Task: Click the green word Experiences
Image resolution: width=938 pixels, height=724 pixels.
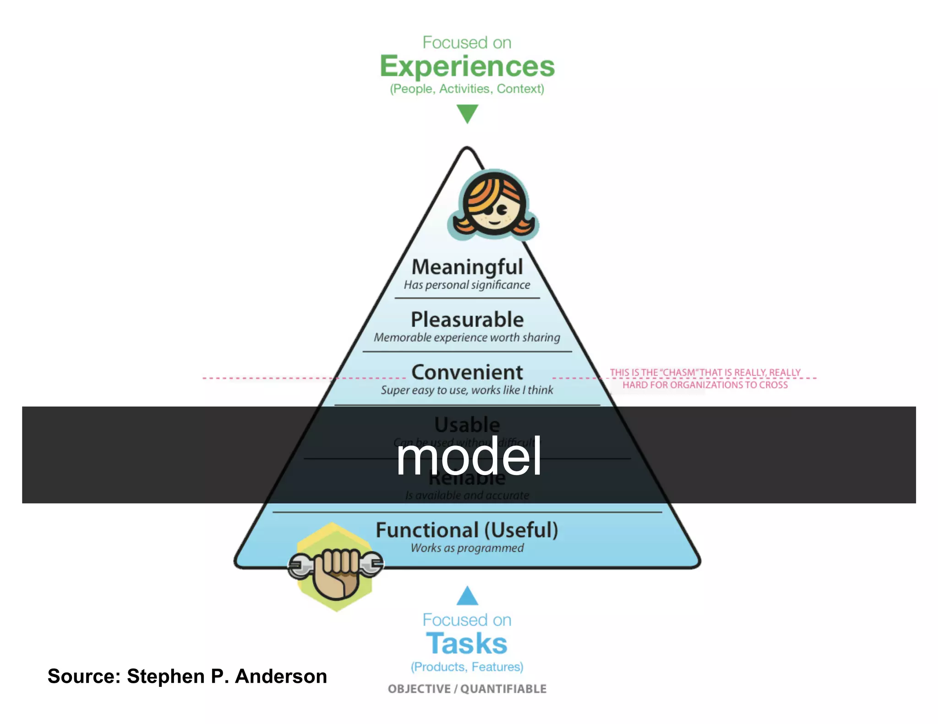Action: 467,66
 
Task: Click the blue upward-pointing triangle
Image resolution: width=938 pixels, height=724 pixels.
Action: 467,596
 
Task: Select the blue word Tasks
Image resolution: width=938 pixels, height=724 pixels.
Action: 467,643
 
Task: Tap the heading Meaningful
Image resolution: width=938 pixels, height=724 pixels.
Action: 467,267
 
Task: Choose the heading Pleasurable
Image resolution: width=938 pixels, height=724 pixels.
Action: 467,319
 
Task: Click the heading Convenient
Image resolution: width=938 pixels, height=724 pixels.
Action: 467,372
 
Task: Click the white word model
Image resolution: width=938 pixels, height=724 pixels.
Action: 469,456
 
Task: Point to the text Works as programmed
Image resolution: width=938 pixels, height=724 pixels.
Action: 467,548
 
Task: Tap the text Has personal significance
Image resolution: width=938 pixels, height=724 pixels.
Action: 467,285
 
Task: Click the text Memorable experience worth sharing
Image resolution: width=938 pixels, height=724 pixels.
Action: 467,337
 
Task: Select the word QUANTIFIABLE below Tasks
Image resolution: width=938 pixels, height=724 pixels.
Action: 503,689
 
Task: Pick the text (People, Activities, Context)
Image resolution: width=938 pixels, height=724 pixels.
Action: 467,89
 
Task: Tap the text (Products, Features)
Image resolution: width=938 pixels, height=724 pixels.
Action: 467,667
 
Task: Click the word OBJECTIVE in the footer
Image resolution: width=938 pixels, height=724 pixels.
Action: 419,689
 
